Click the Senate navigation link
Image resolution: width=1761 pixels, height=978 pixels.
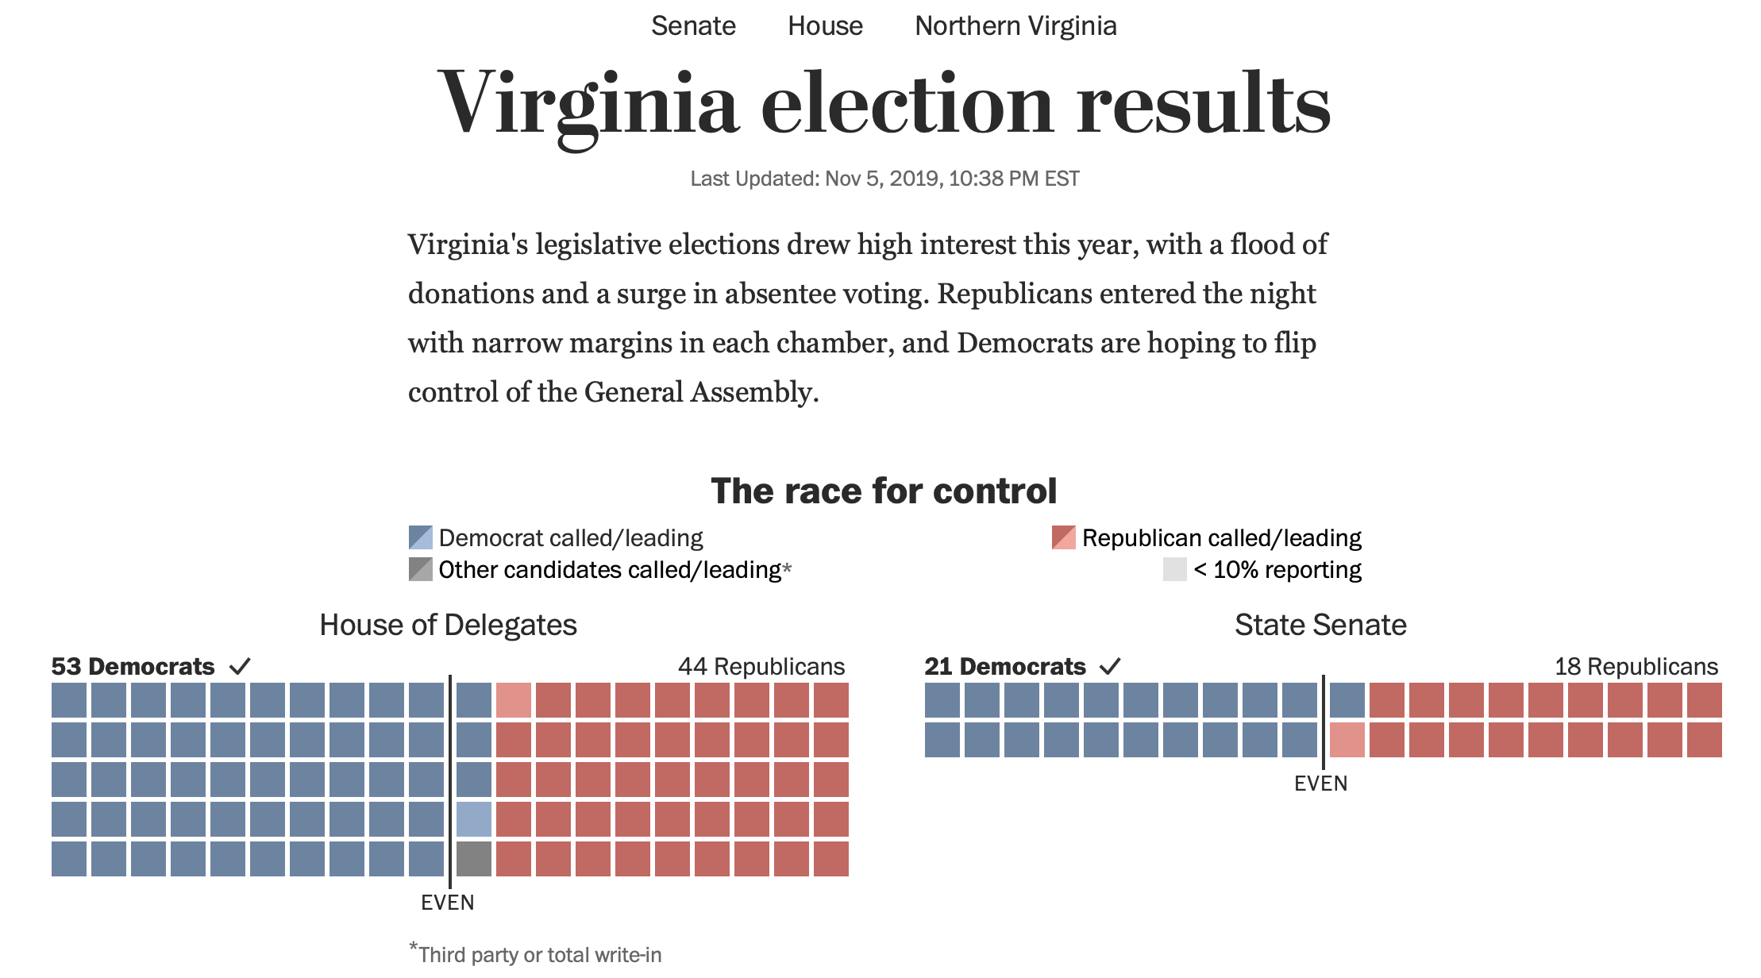(693, 26)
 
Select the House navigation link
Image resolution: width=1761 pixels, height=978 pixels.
(825, 26)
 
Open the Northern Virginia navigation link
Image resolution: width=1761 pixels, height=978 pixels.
(1015, 26)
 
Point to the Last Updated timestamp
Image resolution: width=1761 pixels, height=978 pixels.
(884, 179)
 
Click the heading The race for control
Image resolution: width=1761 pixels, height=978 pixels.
(884, 491)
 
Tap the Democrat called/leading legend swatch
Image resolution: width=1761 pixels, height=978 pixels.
(420, 537)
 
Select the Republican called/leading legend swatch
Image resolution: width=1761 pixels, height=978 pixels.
(1063, 537)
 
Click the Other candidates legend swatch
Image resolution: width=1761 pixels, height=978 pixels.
(420, 569)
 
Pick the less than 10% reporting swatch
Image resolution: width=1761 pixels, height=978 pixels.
(1174, 569)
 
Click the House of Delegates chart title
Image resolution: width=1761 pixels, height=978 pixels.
(448, 625)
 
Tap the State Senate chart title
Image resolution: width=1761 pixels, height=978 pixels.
(1320, 625)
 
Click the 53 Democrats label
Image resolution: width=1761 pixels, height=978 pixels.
(133, 666)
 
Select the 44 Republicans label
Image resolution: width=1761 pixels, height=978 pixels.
(761, 666)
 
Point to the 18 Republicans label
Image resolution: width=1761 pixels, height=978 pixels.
(1636, 666)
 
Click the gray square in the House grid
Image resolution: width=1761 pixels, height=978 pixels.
(474, 859)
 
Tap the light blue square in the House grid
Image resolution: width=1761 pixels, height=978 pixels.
(474, 819)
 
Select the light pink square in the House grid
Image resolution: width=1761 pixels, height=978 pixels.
(514, 700)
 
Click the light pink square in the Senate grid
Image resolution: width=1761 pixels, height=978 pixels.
(1347, 740)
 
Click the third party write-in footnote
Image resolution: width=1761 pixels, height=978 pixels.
(535, 954)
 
